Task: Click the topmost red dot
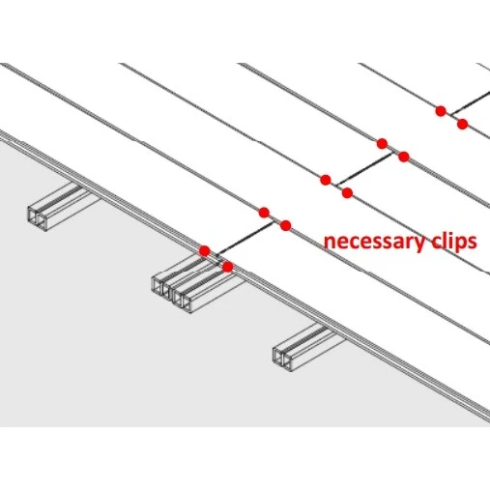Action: point(441,111)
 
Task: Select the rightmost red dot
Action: point(462,124)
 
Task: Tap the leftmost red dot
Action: point(205,250)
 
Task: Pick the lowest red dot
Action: point(228,267)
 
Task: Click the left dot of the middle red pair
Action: point(326,180)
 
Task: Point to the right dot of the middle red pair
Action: point(347,192)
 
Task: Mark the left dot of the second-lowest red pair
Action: point(264,213)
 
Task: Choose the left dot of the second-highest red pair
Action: point(382,143)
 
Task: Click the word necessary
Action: point(375,243)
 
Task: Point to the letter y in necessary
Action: point(418,245)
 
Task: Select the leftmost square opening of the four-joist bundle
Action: point(158,286)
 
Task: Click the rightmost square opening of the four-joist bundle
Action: point(187,303)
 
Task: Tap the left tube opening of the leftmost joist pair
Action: point(33,214)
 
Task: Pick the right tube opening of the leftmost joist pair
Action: point(42,220)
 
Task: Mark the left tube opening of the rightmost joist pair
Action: point(278,356)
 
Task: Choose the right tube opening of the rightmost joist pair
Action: point(287,362)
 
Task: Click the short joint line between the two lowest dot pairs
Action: point(245,239)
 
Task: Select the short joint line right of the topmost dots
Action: point(471,103)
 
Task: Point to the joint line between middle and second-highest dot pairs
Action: point(364,169)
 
